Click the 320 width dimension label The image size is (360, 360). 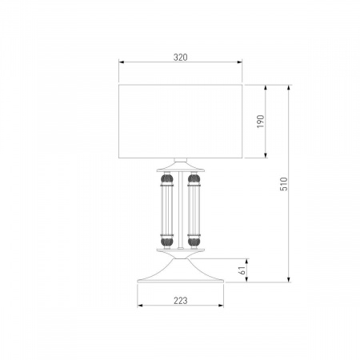[x=181, y=57]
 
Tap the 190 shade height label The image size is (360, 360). [x=260, y=121]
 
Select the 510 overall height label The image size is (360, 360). [x=284, y=184]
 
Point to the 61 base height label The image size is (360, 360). [x=242, y=270]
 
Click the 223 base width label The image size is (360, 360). [x=181, y=301]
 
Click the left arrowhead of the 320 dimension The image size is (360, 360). [x=122, y=62]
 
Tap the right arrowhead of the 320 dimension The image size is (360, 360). [x=239, y=62]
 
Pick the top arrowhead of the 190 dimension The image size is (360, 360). [x=266, y=88]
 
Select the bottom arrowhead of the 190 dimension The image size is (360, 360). [x=266, y=155]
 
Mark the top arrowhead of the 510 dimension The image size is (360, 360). [x=289, y=88]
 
